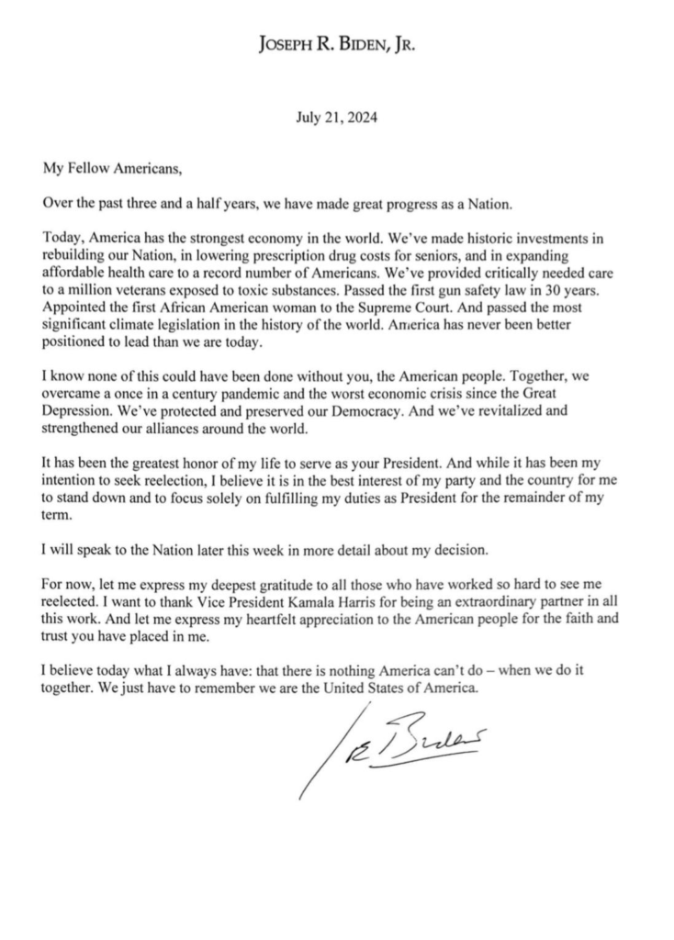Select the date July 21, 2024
337,117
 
